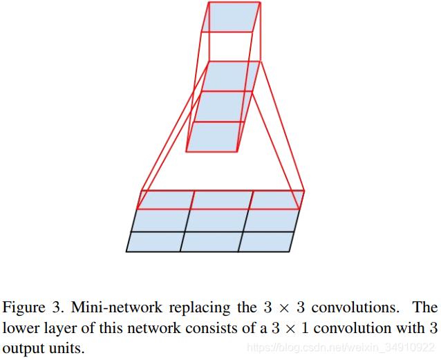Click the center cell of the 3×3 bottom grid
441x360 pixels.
[x=214, y=220]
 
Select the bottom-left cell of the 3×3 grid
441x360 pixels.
[x=155, y=241]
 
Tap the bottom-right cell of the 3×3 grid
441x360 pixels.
[x=268, y=241]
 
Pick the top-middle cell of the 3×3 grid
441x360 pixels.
[x=220, y=199]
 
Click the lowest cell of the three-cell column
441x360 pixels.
[x=215, y=136]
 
